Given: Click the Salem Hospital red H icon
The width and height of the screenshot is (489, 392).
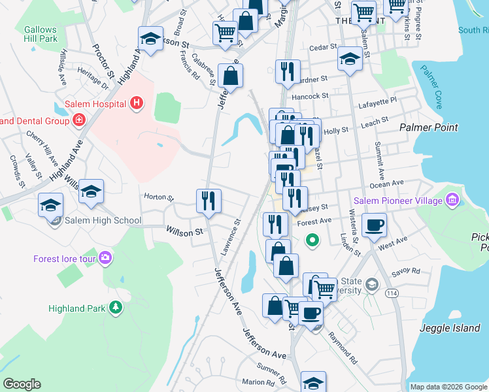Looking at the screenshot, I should tap(137, 103).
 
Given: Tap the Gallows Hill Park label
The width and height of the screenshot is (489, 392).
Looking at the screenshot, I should tap(41, 34).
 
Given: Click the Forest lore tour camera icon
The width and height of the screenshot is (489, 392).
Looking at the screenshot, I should tap(105, 259).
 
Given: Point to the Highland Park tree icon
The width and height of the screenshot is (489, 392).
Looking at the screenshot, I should tap(116, 308).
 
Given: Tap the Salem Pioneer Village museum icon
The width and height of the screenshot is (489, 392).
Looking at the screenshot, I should tap(452, 201).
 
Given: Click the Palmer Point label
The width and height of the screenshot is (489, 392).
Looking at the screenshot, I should tap(429, 127).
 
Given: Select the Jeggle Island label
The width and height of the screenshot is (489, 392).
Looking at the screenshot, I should tap(450, 329).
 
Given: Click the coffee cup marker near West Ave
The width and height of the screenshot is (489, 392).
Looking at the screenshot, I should tap(374, 226).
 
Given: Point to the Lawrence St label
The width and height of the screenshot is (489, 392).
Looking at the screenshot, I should tap(230, 236).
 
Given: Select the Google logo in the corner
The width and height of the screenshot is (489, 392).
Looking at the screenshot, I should tap(22, 384).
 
